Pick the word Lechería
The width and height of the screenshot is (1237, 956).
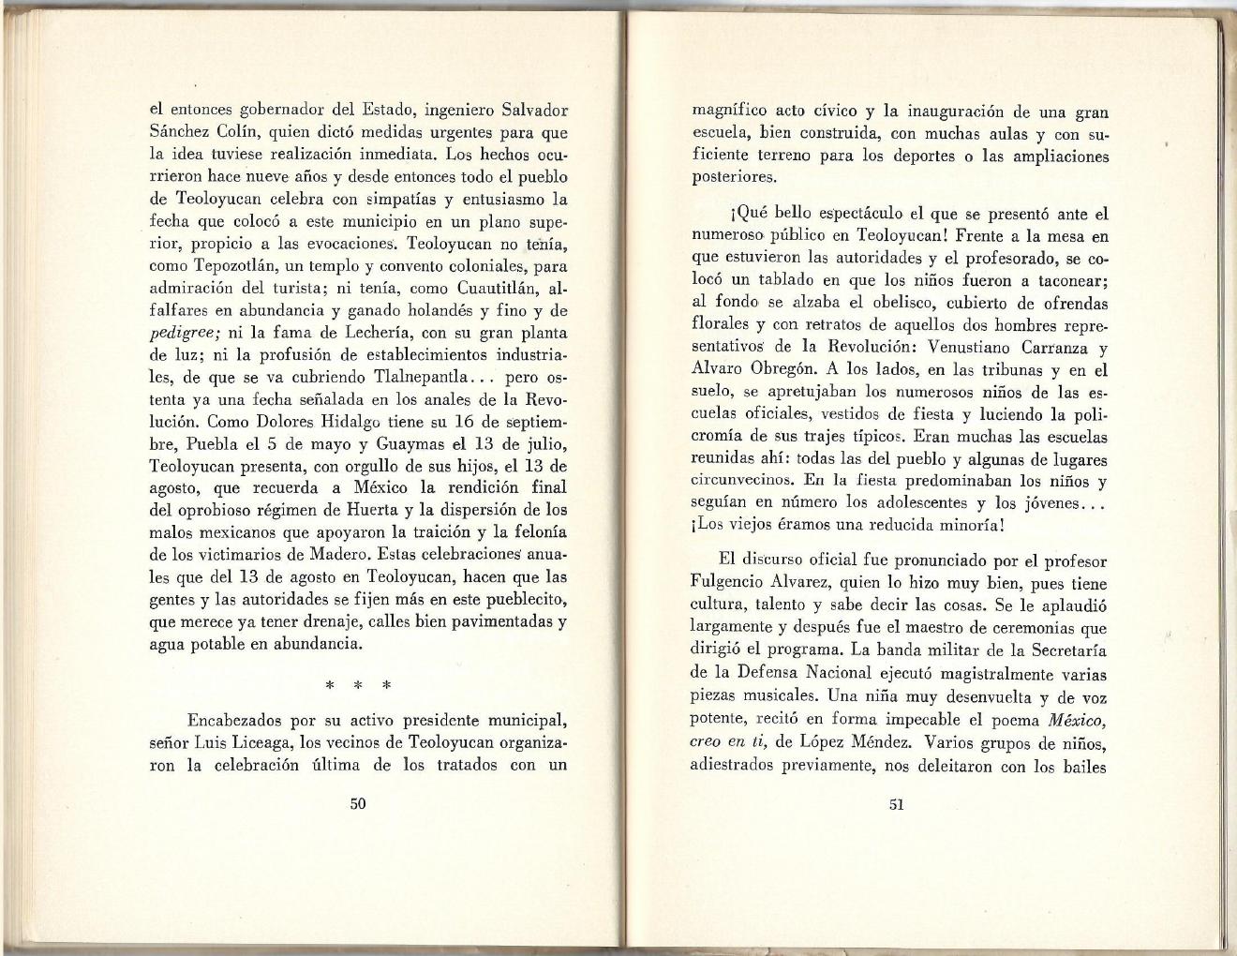(x=323, y=333)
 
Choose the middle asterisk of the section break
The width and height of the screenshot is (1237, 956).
(x=358, y=684)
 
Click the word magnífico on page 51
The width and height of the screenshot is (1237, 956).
(x=731, y=112)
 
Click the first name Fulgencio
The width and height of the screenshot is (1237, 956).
(x=735, y=583)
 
